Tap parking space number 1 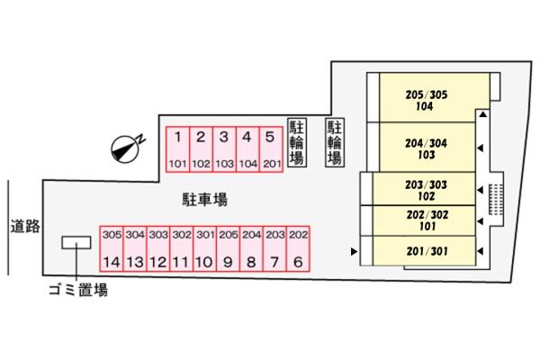178,149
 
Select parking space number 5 270,149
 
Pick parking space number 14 111,248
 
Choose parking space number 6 298,248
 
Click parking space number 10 204,248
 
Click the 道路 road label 25,227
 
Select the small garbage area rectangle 76,242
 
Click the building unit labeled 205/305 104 427,99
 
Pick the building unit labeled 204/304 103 427,148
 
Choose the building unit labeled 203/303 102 427,189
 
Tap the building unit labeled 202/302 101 427,220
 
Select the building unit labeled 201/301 427,251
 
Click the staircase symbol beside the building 496,201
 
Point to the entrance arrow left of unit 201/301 355,251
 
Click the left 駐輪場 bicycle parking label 295,142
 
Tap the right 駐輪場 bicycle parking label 334,142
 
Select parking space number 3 224,149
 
